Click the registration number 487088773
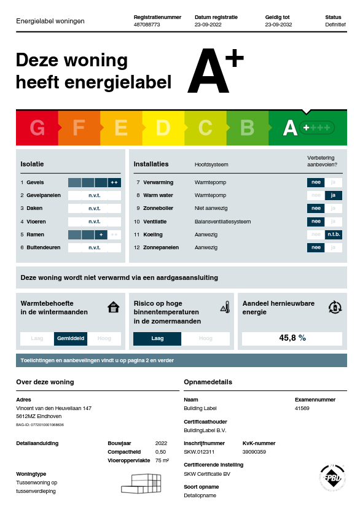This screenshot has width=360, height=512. click(x=146, y=25)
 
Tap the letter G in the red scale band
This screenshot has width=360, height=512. click(x=37, y=128)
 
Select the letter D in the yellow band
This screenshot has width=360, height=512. click(x=163, y=128)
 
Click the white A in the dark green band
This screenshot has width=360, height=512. click(x=290, y=128)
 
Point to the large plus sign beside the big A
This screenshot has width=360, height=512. click(x=233, y=58)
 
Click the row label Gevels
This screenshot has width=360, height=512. click(x=35, y=182)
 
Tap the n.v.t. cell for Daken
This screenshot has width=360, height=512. click(x=94, y=208)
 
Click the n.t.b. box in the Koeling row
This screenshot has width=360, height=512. click(x=333, y=235)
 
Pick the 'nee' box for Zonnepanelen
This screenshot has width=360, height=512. click(x=315, y=247)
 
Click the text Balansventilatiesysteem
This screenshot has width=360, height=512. click(x=222, y=222)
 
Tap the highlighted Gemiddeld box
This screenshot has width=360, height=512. click(x=71, y=338)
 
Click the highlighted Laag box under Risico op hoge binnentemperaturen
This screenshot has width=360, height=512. click(x=157, y=338)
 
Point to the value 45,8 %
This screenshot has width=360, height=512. click(x=292, y=338)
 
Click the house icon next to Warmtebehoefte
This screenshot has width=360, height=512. click(x=113, y=307)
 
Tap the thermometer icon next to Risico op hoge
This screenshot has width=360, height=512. click(x=225, y=307)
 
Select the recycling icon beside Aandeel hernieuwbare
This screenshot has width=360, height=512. click(x=335, y=307)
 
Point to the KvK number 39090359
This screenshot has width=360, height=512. click(x=254, y=452)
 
